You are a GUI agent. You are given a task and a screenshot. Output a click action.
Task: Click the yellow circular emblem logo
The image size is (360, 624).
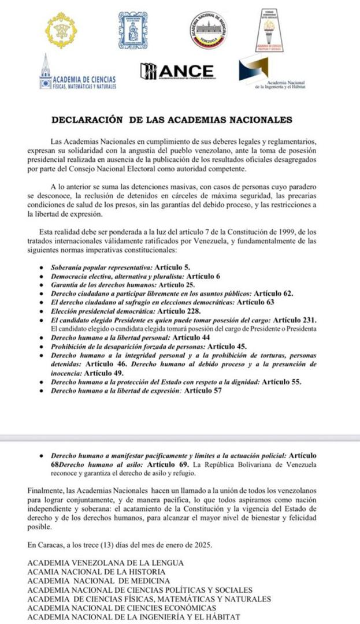click(x=61, y=31)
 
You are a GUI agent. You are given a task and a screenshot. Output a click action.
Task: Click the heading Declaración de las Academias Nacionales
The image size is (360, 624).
click(x=172, y=120)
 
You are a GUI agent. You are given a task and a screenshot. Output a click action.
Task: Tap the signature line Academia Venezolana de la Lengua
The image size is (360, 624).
click(x=106, y=563)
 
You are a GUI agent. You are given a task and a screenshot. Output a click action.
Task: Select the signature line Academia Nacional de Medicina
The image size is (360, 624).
click(x=99, y=581)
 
